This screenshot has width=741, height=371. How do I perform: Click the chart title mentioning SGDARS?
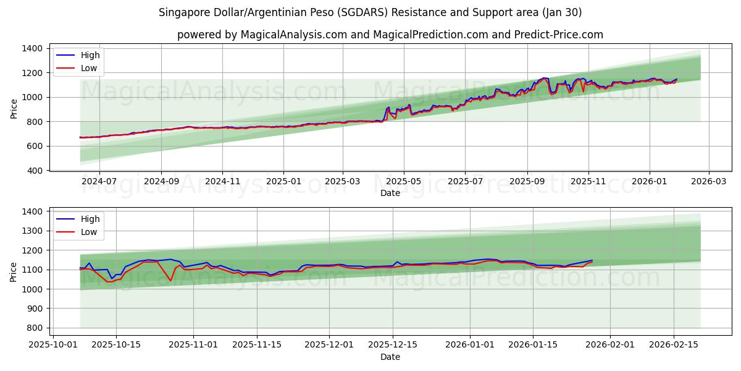[x=370, y=12]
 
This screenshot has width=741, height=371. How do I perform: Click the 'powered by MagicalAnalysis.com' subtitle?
[x=390, y=35]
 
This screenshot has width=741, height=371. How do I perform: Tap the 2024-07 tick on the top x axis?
[x=99, y=182]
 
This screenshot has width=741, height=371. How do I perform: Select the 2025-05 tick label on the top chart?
[x=404, y=182]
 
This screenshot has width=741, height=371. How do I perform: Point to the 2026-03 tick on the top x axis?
[x=708, y=182]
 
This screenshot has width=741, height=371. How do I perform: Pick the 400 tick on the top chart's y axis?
[x=35, y=171]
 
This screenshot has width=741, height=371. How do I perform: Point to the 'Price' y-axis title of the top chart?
[x=14, y=109]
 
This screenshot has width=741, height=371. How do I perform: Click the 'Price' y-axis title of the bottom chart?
[x=14, y=272]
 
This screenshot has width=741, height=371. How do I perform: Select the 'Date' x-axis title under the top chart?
[x=390, y=193]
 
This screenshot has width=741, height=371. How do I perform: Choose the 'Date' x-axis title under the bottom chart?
[x=390, y=357]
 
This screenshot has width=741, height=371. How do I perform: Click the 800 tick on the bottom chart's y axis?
[x=35, y=328]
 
